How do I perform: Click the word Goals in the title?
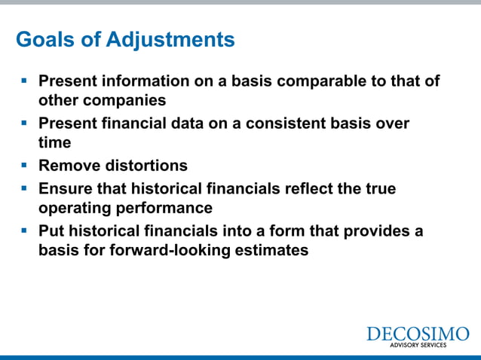coord(44,39)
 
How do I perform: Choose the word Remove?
coord(70,165)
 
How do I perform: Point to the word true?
coord(378,188)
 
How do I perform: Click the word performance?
coord(166,208)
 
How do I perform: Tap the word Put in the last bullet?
coord(51,231)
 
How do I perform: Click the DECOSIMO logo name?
coord(417,334)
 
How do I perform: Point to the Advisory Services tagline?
coord(417,345)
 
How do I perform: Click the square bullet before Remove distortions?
coord(23,164)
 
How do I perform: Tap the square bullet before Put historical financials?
coord(23,230)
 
